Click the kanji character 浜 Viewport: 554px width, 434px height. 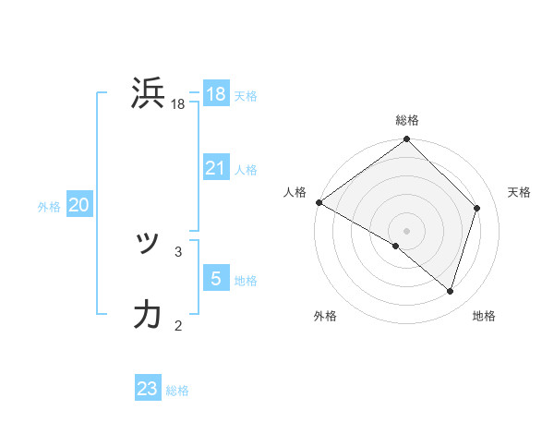point(149,95)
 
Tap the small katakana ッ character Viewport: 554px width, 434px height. point(147,244)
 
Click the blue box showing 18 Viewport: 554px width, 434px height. point(216,94)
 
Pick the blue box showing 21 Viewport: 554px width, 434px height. point(216,168)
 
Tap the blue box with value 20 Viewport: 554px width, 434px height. point(79,206)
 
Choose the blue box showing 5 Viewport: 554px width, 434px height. point(216,279)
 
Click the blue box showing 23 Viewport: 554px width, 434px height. point(148,389)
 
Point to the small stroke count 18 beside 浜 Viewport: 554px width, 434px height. point(178,105)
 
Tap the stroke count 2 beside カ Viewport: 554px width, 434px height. point(178,325)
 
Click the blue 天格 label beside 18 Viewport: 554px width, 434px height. point(246,96)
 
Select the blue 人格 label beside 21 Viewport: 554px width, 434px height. point(246,170)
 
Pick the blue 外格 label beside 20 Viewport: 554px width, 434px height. point(49,208)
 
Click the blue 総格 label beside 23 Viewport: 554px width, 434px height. point(177,391)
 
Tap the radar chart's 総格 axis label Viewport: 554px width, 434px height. point(407,120)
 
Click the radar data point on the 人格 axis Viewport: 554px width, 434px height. point(319,202)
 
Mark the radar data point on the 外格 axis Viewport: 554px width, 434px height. point(396,247)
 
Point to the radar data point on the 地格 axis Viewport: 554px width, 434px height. point(451,291)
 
